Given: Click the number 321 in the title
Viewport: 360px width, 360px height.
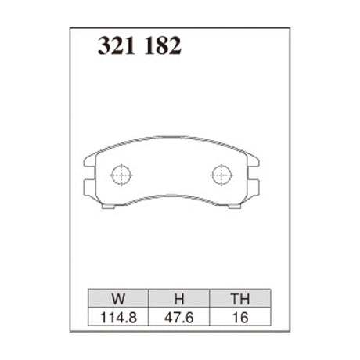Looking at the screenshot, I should (x=114, y=46).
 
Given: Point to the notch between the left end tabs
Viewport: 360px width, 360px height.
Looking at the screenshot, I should (x=89, y=175).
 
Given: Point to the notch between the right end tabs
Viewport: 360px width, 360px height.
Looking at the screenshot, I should (x=255, y=175).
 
